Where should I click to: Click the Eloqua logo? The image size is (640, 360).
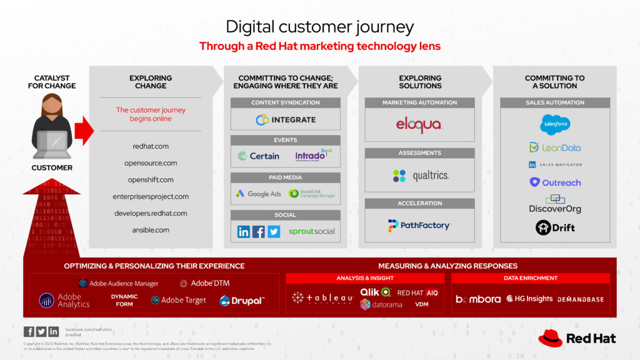[x=419, y=125]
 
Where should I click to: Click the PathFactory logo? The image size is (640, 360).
[x=419, y=226]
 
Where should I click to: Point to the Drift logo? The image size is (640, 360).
[x=555, y=228]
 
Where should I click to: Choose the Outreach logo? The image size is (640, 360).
[x=555, y=182]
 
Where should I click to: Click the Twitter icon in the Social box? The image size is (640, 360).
[x=274, y=232]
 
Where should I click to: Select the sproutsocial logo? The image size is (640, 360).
[x=311, y=232]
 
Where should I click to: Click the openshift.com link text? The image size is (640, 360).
[x=151, y=180]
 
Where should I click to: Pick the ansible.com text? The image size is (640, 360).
[x=151, y=230]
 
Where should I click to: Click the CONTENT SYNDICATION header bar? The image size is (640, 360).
[x=286, y=102]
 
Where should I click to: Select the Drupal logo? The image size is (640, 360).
[x=242, y=301]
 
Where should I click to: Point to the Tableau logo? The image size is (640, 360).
[x=322, y=298]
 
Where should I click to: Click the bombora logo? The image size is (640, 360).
[x=478, y=299]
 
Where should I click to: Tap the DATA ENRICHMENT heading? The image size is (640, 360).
[x=531, y=278]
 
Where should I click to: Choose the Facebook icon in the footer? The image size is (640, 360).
[x=29, y=331]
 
